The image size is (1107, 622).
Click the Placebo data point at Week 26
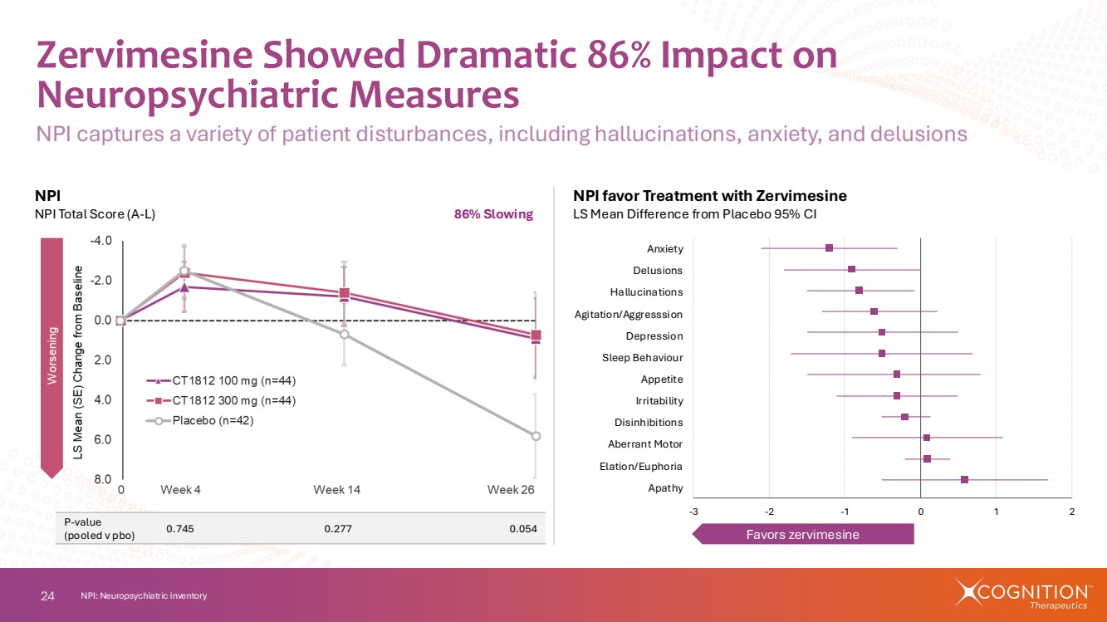coord(536,436)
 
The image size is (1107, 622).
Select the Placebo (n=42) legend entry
coord(212,420)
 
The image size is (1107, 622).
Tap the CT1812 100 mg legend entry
coord(222,381)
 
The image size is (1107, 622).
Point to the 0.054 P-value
coord(523,529)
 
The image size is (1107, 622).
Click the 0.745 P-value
coord(180,529)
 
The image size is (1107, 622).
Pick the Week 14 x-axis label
coord(336,490)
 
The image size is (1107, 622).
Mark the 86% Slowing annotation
coord(492,214)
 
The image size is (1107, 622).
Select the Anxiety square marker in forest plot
coord(829,248)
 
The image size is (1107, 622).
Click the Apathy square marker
coord(964,479)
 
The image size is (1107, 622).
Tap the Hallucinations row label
coord(646,292)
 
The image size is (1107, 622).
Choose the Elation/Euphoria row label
coord(641,466)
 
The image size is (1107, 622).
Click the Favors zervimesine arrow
coord(804,534)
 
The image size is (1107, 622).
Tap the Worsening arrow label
coord(52,357)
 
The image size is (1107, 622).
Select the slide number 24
coord(47,595)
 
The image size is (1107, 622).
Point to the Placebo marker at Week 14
coord(344,335)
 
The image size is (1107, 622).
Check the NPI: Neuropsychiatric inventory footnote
coord(144,596)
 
